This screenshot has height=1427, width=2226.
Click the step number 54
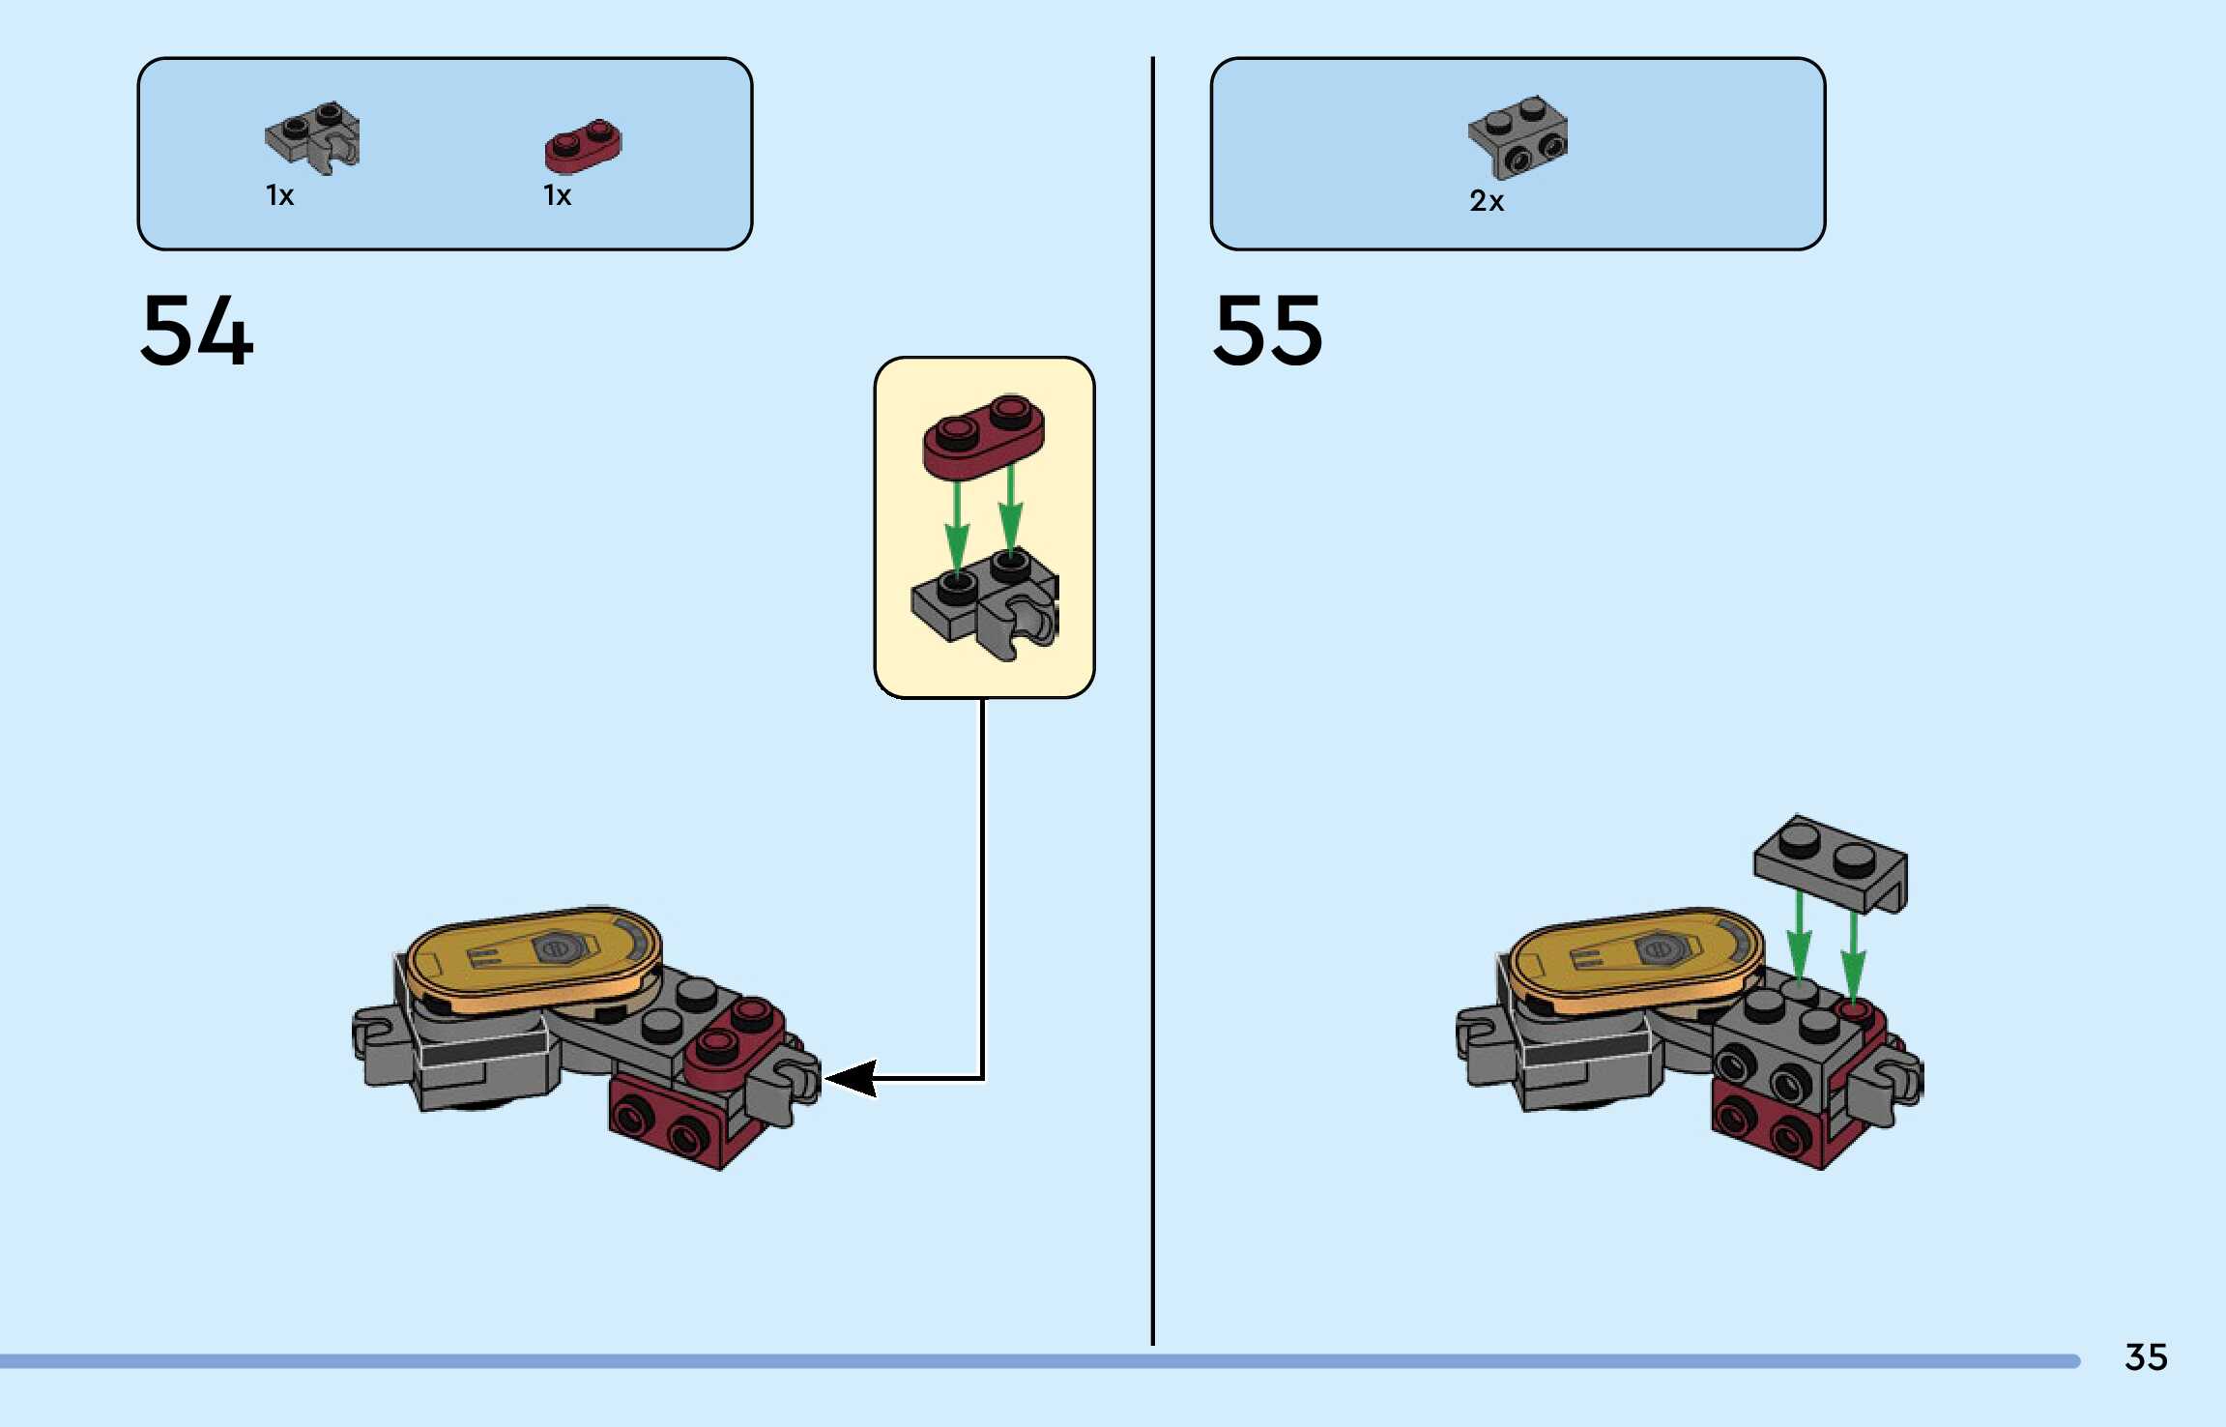point(197,331)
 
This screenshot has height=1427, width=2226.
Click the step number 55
point(1268,331)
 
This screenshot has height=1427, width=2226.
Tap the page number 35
point(2146,1357)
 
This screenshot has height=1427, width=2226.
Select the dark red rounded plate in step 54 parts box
point(584,146)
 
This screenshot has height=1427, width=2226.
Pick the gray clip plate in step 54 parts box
point(313,137)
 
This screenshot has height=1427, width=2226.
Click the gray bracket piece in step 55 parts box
point(1518,136)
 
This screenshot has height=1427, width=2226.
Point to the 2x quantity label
point(1487,201)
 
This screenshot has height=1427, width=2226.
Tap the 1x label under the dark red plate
point(558,196)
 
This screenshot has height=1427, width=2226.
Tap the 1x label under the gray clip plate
point(280,196)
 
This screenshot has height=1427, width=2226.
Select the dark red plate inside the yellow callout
point(983,436)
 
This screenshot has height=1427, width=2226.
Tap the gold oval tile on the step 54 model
point(534,957)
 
